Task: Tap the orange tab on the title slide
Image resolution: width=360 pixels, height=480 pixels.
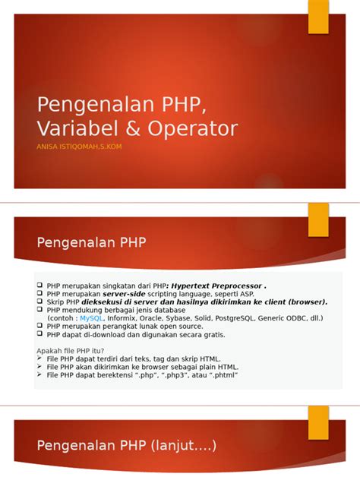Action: [317, 17]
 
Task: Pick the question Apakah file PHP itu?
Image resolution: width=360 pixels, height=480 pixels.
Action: [71, 350]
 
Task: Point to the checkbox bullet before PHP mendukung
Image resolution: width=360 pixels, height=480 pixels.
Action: [41, 310]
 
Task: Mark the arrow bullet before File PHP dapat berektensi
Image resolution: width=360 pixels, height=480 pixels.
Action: [41, 374]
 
